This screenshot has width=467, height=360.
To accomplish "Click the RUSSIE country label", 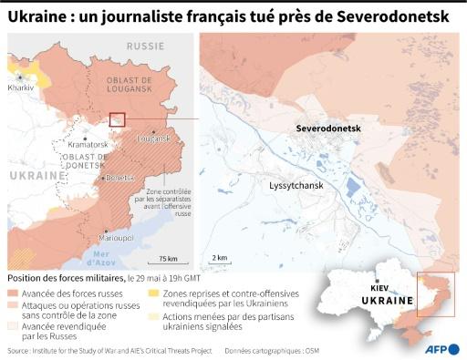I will (146, 45).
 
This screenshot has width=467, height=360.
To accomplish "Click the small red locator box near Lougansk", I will (117, 118).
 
